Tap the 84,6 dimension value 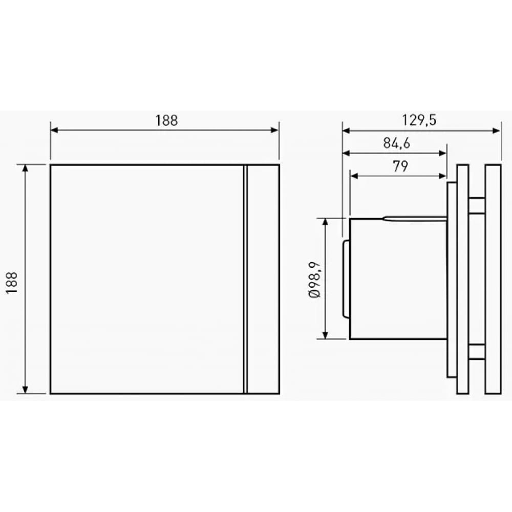click(397, 143)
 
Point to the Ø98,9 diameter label click(314, 279)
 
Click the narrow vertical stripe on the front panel click(245, 279)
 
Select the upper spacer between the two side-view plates click(477, 206)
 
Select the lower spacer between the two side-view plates click(477, 352)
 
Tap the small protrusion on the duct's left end click(346, 279)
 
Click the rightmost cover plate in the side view click(493, 279)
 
